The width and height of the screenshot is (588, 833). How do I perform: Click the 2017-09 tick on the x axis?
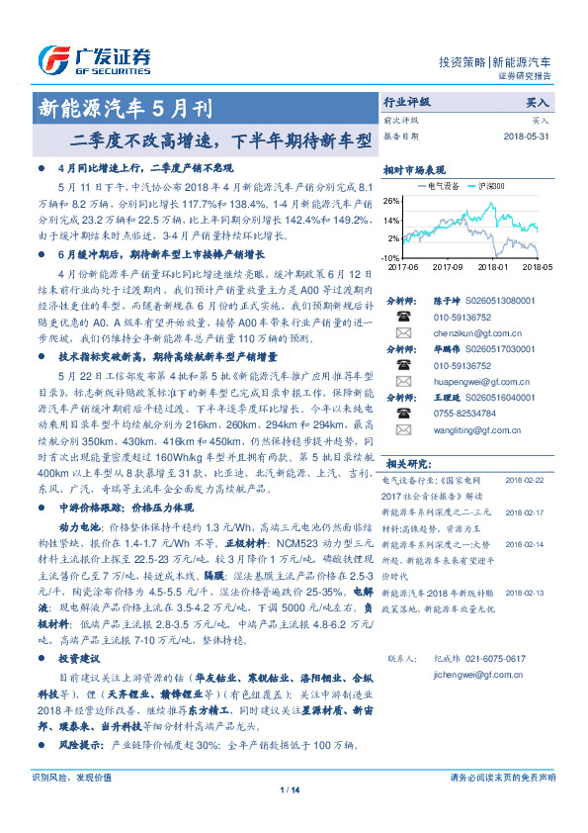tap(448, 267)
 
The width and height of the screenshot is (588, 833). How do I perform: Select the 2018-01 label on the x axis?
tap(492, 267)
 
